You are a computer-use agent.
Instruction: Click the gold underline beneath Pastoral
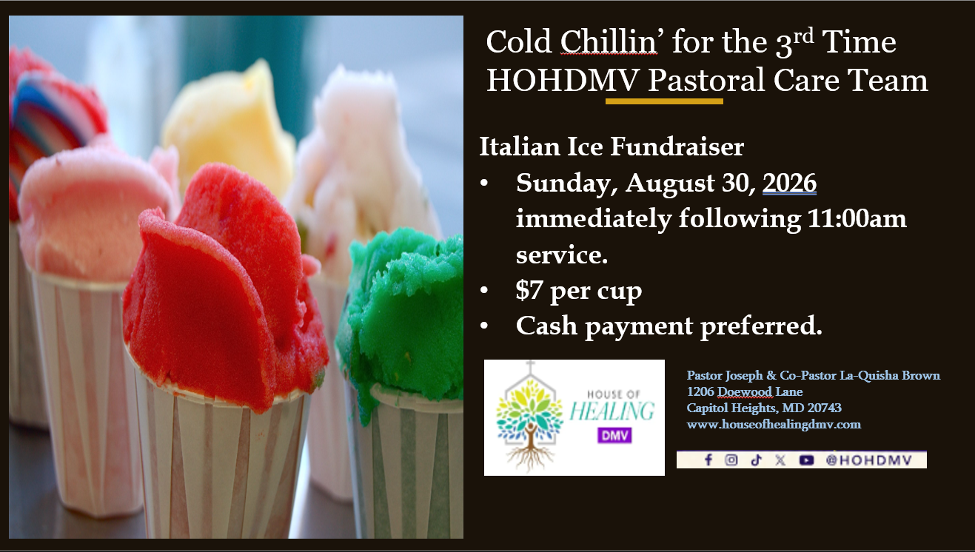[664, 101]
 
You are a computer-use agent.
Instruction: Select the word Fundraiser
[677, 147]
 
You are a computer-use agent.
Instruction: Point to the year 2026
[789, 183]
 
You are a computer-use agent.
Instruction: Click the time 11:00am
[857, 218]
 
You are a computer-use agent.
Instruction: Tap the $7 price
[529, 290]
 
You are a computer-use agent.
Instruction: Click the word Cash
[546, 326]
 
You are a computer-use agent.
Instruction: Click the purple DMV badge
[614, 435]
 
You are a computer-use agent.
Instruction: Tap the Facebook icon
[708, 460]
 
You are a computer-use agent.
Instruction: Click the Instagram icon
[731, 460]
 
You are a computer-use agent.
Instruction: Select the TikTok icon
[756, 460]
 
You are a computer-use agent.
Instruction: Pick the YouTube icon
[806, 460]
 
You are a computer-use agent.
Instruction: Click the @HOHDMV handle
[868, 460]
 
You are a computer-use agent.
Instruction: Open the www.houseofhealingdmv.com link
[774, 424]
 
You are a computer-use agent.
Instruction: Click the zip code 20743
[825, 408]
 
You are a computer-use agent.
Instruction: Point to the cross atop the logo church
[530, 367]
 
